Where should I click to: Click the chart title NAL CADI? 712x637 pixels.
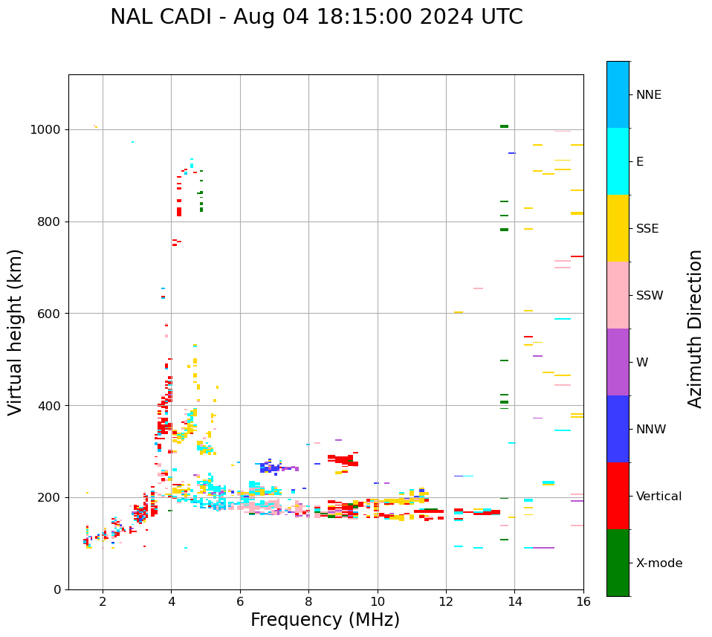(x=317, y=17)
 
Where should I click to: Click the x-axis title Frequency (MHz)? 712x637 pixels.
(x=325, y=620)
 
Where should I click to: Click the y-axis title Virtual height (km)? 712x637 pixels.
(x=16, y=332)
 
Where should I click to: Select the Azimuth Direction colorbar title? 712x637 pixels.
(x=695, y=329)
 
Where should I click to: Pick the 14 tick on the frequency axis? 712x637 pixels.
(x=515, y=601)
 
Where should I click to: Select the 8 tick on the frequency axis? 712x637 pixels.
(x=309, y=601)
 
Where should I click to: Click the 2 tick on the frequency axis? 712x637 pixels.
(x=103, y=601)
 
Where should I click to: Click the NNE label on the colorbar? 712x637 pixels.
(x=648, y=95)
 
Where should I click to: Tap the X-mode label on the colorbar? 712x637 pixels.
(x=659, y=563)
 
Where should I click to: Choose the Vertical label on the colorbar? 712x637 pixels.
(x=658, y=497)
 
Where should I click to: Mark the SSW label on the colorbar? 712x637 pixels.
(x=650, y=296)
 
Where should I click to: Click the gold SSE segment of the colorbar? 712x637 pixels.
(x=618, y=228)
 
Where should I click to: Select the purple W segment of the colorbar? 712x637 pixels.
(x=618, y=362)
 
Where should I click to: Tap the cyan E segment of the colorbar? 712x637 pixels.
(x=618, y=161)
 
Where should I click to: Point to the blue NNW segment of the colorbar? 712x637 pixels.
(x=618, y=429)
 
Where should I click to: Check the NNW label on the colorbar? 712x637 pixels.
(x=651, y=430)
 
